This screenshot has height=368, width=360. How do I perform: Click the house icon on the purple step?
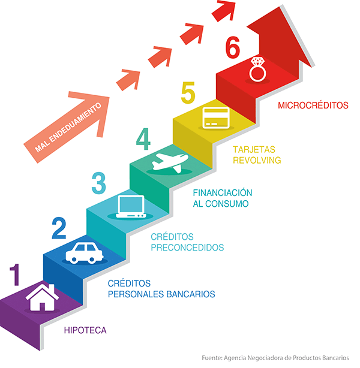pyautogui.click(x=41, y=297)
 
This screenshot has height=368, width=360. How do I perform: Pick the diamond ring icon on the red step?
pyautogui.click(x=258, y=69)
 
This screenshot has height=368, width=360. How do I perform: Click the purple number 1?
pyautogui.click(x=16, y=275)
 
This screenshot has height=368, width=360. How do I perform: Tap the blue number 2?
pyautogui.click(x=59, y=228)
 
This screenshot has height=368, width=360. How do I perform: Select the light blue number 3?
pyautogui.click(x=100, y=183)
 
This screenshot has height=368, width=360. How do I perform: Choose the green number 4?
pyautogui.click(x=143, y=138)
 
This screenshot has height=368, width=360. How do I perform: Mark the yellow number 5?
pyautogui.click(x=188, y=95)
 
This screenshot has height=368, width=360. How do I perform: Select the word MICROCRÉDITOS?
pyautogui.click(x=313, y=105)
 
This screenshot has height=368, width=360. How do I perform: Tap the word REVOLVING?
pyautogui.click(x=256, y=160)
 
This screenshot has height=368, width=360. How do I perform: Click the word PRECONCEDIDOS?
pyautogui.click(x=187, y=247)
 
